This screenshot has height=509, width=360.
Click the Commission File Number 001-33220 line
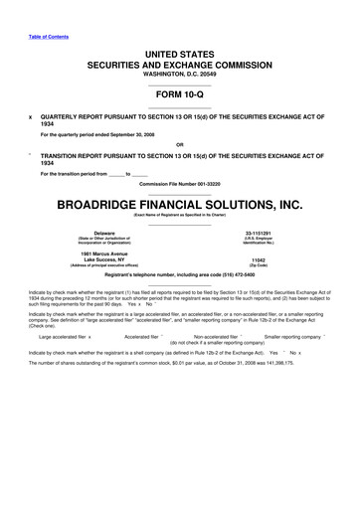tap(180, 185)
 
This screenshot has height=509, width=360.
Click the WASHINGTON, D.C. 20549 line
tap(180, 74)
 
